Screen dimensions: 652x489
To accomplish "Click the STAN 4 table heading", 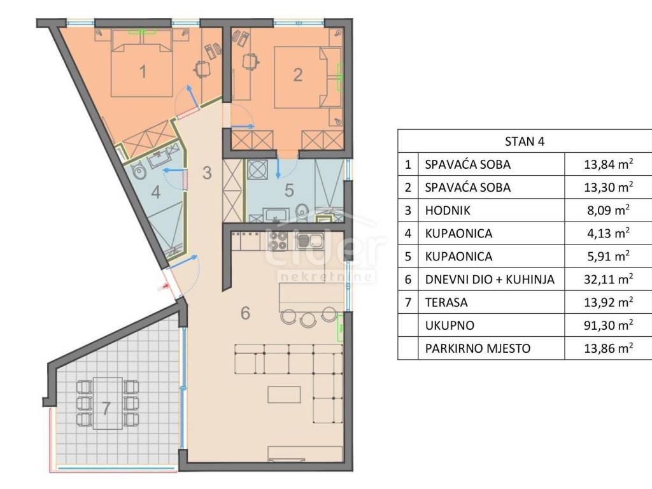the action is (x=525, y=141).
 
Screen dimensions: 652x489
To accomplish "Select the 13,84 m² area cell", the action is (x=608, y=164).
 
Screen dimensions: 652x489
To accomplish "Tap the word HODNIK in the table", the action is (x=448, y=210).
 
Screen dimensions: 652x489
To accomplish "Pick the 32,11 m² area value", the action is (x=608, y=279).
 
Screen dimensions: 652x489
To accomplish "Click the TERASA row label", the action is (x=446, y=302).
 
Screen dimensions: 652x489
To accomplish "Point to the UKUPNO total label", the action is (x=450, y=325).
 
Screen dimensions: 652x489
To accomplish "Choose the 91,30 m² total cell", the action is (x=608, y=325).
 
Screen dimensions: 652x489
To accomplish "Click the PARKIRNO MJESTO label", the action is (x=478, y=348).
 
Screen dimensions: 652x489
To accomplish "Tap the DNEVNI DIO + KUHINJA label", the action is (x=490, y=280).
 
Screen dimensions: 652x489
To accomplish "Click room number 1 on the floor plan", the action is (x=143, y=71).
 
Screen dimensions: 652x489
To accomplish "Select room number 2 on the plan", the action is (x=298, y=75).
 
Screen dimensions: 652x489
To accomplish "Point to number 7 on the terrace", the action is (x=106, y=408).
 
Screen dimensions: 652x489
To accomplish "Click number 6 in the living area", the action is (x=245, y=313).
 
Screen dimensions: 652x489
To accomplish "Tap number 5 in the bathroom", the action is (x=289, y=190).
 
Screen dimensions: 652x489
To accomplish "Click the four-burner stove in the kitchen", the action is (x=278, y=241).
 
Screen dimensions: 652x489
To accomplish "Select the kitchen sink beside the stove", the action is (x=310, y=241).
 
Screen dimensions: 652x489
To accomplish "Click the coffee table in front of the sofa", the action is (x=284, y=395).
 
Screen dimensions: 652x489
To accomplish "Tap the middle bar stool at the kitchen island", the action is (x=309, y=319).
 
